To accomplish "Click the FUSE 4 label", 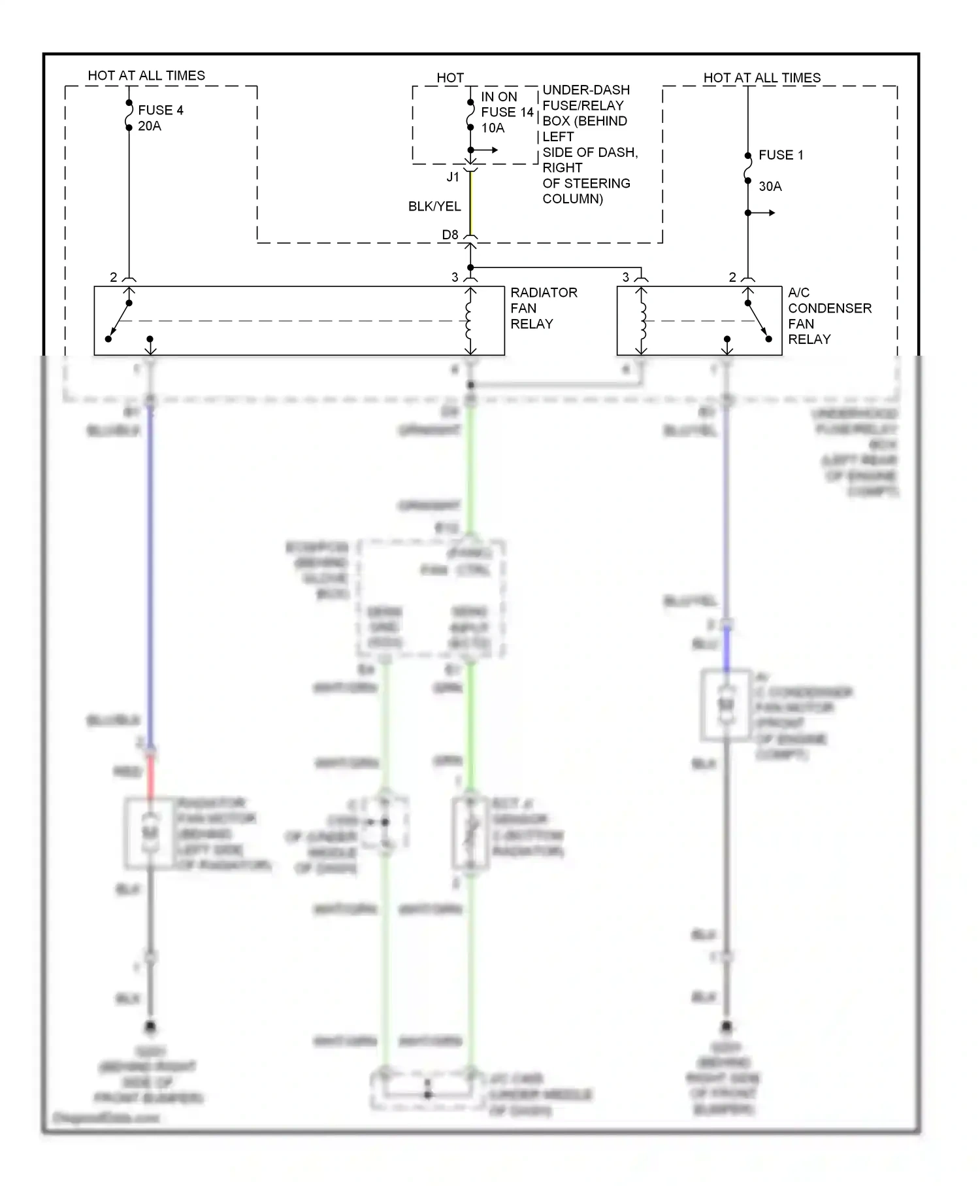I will click(x=160, y=110).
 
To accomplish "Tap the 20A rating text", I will click(x=150, y=126).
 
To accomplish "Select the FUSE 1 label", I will click(x=781, y=155).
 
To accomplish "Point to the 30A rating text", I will click(x=770, y=186).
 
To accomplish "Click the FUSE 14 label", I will click(x=508, y=112).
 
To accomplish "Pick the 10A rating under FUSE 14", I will click(x=493, y=128).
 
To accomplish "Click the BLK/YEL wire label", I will click(x=434, y=207).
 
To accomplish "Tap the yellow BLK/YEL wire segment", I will click(x=470, y=203).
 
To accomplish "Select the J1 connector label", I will click(x=453, y=177).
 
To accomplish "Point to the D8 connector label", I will click(x=450, y=235).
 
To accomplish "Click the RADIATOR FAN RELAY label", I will click(x=544, y=308).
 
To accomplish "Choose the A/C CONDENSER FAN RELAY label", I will click(x=829, y=316).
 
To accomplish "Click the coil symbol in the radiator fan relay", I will click(x=470, y=321).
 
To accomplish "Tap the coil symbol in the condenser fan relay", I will click(x=642, y=321).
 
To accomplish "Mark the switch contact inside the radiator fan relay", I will click(x=120, y=321).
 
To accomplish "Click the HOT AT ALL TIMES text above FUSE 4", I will click(x=146, y=76).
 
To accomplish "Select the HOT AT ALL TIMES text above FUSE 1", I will click(x=762, y=78).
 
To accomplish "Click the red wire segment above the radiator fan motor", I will click(x=150, y=776).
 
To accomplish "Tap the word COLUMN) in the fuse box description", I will click(x=572, y=199).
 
